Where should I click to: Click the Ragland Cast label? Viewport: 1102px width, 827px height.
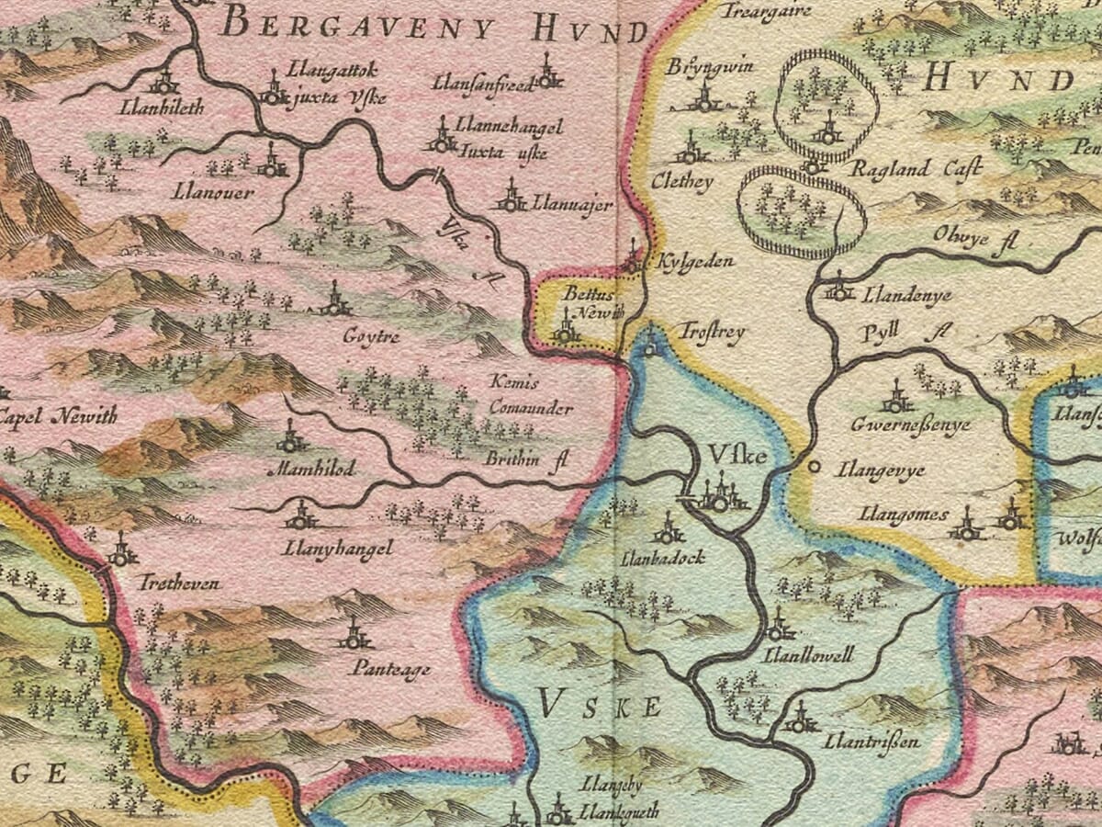click(x=916, y=168)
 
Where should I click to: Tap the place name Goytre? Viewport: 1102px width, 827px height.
click(x=371, y=337)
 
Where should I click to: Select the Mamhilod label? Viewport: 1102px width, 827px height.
click(x=309, y=468)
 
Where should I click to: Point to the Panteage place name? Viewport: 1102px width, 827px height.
click(x=390, y=669)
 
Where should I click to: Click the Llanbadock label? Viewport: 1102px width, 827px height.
click(x=649, y=557)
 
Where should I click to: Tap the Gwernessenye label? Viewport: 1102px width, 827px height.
click(x=911, y=425)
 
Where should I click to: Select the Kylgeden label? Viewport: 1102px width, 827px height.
click(x=696, y=262)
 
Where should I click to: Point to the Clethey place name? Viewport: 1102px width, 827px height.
click(x=681, y=182)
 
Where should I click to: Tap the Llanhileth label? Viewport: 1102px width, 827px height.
click(x=162, y=108)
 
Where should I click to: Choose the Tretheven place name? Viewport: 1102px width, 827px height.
click(x=179, y=583)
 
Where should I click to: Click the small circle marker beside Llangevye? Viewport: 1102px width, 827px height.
click(x=813, y=467)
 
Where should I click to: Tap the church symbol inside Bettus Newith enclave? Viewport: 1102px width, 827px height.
click(x=566, y=329)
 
